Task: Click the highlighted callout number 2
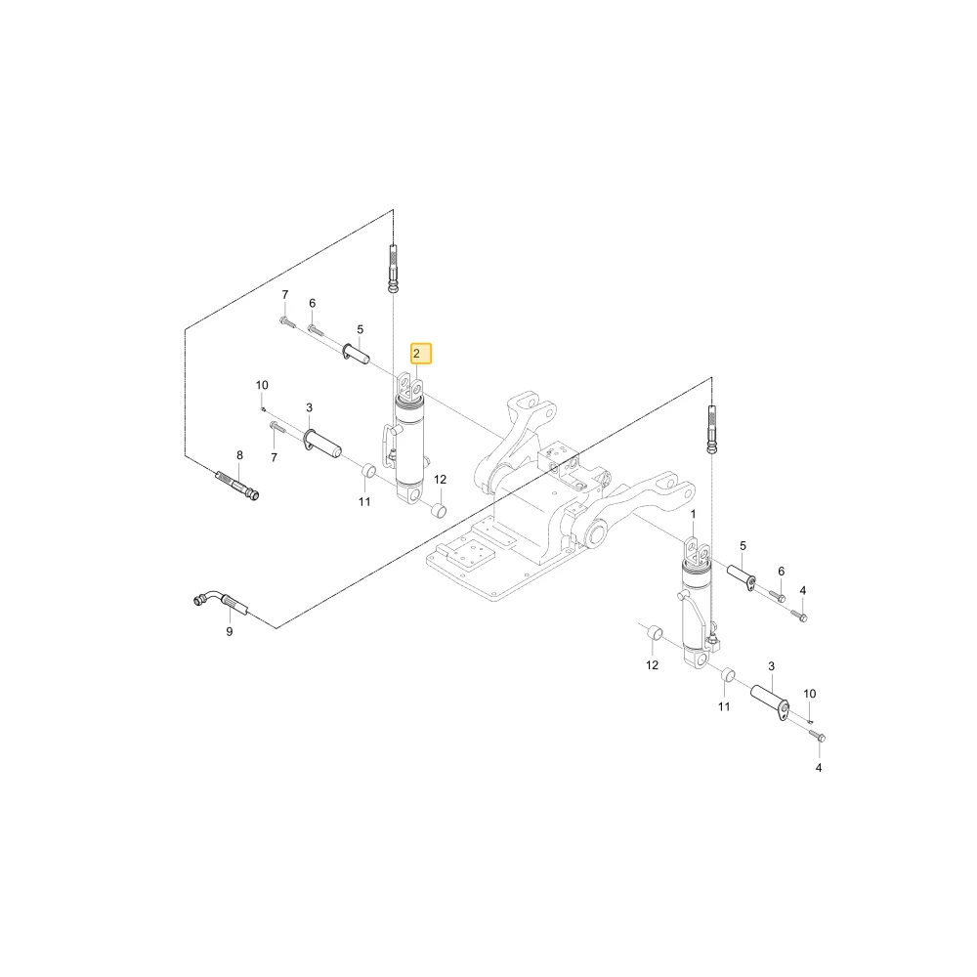420,354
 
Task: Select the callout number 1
693,514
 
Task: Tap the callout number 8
240,455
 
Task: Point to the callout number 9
230,631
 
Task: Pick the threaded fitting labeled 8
236,486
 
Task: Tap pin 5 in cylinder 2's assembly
357,353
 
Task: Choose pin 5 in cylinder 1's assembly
742,576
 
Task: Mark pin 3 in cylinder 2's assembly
322,442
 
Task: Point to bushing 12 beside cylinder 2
439,511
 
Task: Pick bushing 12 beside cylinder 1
655,634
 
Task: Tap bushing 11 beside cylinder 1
727,676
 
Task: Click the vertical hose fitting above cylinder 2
393,269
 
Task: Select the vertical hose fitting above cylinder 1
711,429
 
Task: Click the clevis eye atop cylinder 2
410,386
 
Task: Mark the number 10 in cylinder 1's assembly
809,694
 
